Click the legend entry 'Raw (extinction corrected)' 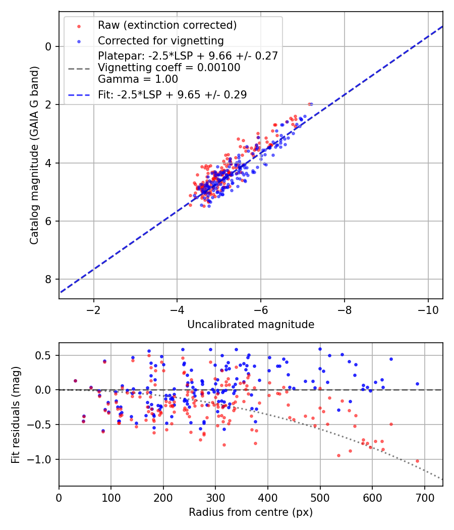pyautogui.click(x=167, y=25)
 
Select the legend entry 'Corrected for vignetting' pyautogui.click(x=160, y=40)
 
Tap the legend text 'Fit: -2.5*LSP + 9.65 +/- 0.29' pyautogui.click(x=172, y=95)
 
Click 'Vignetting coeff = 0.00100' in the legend pyautogui.click(x=169, y=68)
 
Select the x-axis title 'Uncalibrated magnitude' pyautogui.click(x=251, y=325)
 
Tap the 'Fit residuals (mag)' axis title pyautogui.click(x=16, y=414)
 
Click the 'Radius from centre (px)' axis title pyautogui.click(x=251, y=512)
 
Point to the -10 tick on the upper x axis pyautogui.click(x=428, y=307)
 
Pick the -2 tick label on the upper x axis pyautogui.click(x=93, y=307)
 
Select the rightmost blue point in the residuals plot pyautogui.click(x=417, y=384)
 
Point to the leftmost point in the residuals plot pyautogui.click(x=75, y=381)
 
